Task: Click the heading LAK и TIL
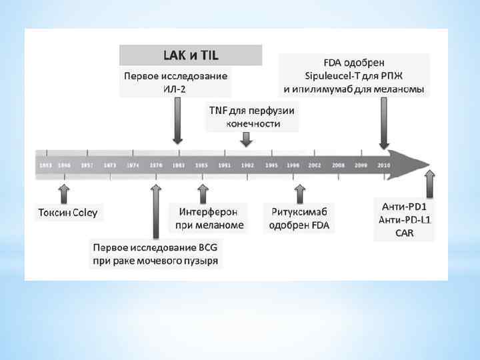tap(191, 54)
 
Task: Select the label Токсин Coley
tap(67, 213)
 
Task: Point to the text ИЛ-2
tap(177, 89)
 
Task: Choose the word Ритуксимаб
tap(299, 212)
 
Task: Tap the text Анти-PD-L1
tap(403, 219)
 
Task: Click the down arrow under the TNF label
tap(246, 139)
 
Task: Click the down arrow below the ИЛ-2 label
tap(177, 120)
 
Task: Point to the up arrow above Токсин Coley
tap(64, 193)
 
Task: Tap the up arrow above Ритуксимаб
tap(299, 193)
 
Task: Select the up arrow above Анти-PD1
tap(430, 183)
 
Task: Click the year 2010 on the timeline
tap(383, 164)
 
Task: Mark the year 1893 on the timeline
tap(45, 164)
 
